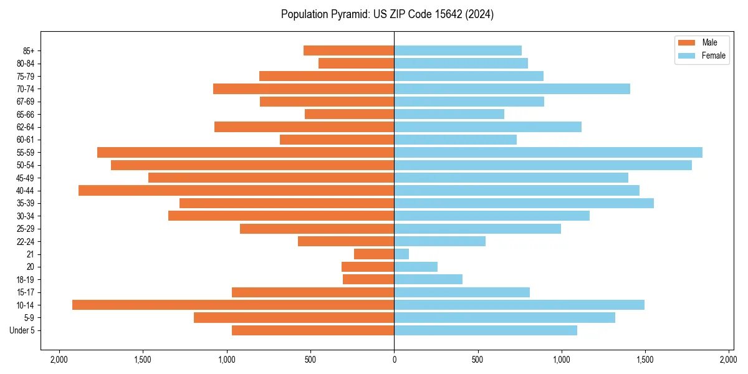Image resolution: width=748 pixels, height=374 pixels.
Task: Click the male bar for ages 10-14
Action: (x=233, y=305)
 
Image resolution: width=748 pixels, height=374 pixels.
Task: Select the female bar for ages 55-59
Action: (x=548, y=152)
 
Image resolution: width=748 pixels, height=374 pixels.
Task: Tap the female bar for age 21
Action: (x=401, y=254)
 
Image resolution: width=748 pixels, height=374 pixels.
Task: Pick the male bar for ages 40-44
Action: (x=236, y=190)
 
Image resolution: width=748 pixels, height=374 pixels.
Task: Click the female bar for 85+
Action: (x=458, y=50)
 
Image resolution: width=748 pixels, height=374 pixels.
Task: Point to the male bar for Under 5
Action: (x=313, y=330)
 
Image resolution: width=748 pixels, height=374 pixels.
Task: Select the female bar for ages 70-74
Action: (x=512, y=89)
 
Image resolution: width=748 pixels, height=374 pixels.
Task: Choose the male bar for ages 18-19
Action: (x=368, y=279)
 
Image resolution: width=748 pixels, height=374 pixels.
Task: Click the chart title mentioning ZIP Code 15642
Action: (x=387, y=14)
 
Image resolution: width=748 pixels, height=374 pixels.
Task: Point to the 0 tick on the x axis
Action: (x=394, y=360)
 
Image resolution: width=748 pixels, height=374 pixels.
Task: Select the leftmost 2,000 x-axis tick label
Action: (x=59, y=360)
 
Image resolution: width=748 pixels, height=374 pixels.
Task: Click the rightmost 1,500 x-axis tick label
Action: (x=645, y=360)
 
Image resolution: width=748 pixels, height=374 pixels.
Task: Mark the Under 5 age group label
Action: (x=22, y=330)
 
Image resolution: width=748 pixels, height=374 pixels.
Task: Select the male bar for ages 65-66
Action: (x=349, y=114)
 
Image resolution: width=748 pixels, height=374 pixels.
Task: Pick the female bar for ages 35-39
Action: (x=524, y=203)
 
